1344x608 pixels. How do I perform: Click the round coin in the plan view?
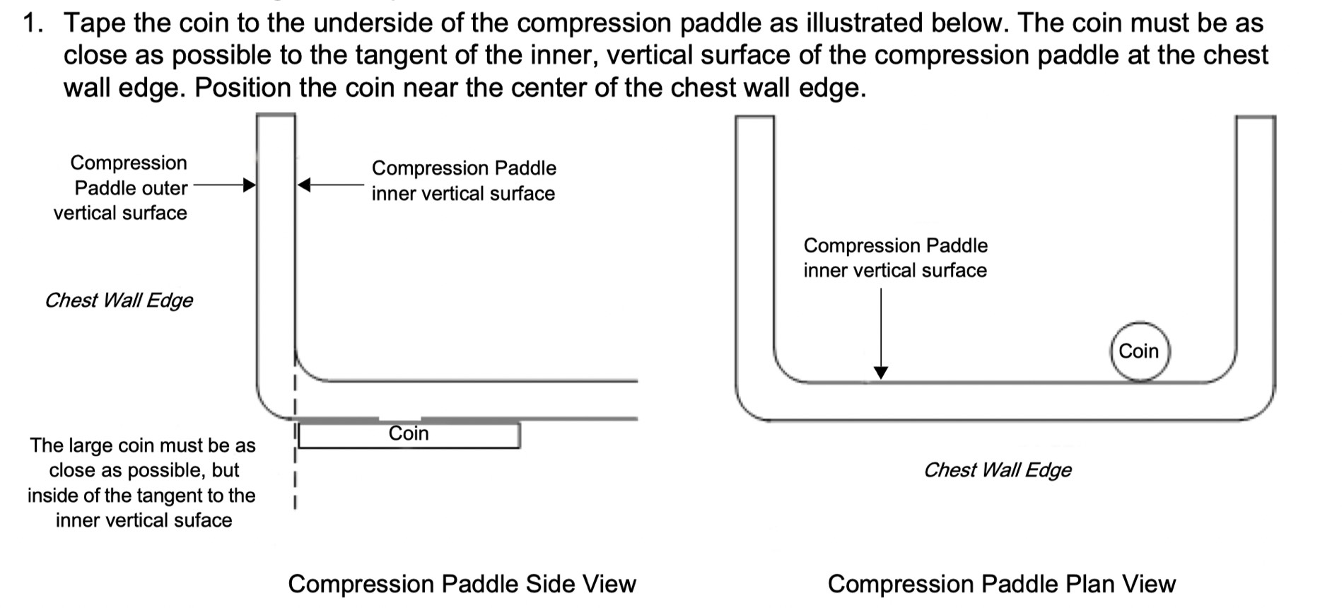click(x=1140, y=351)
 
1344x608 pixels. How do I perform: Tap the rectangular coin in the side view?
click(x=409, y=434)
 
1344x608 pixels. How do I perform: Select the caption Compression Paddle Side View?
click(x=462, y=584)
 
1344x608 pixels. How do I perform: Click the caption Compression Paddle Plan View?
click(x=1001, y=584)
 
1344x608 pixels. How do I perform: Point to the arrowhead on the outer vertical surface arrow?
click(x=249, y=185)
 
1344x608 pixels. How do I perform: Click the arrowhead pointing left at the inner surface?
click(x=304, y=185)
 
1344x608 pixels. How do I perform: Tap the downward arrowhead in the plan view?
click(x=880, y=373)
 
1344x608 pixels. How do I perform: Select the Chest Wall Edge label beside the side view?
click(x=119, y=300)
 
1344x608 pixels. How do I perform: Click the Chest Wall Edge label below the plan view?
click(x=997, y=470)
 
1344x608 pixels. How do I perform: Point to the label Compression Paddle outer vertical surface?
click(x=122, y=188)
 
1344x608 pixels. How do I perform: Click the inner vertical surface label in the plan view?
click(x=895, y=258)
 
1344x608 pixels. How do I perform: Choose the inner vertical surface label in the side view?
click(x=464, y=181)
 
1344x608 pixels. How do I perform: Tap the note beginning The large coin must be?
click(x=142, y=483)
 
